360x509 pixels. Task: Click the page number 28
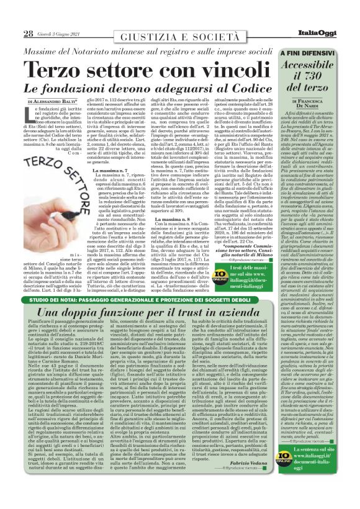(x=29, y=34)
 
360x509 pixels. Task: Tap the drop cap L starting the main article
(x=32, y=112)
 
